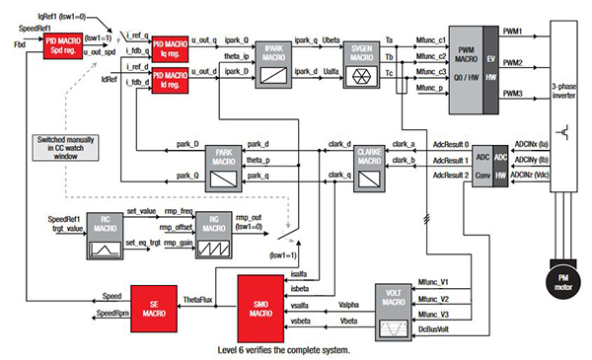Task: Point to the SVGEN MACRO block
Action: [360, 60]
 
